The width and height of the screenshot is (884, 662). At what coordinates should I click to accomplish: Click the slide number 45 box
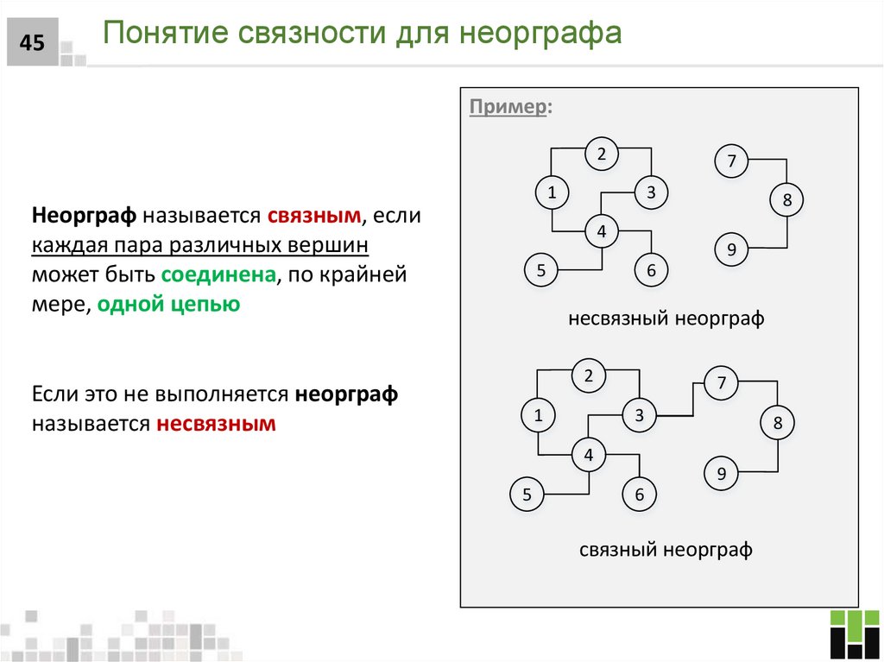(x=32, y=41)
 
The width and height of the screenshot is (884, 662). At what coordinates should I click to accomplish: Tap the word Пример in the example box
(x=508, y=108)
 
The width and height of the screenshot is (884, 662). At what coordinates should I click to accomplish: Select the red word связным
(x=313, y=215)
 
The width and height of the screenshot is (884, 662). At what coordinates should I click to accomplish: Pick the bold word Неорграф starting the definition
(x=85, y=215)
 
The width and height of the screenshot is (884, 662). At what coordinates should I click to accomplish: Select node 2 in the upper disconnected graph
(x=602, y=154)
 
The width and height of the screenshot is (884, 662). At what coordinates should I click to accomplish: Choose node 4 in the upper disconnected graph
(x=602, y=231)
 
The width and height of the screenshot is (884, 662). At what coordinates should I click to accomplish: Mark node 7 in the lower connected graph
(x=722, y=383)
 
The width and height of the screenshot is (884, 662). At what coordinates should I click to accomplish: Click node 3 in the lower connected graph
(x=640, y=416)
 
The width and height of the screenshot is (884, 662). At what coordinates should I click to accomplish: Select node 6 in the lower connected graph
(x=640, y=495)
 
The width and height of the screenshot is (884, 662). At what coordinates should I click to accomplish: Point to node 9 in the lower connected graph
(x=722, y=474)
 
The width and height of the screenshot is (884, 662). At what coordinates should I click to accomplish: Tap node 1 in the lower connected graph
(x=538, y=416)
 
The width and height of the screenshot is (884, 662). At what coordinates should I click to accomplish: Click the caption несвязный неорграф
(x=666, y=318)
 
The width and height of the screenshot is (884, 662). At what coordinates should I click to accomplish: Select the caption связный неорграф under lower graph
(x=666, y=550)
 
